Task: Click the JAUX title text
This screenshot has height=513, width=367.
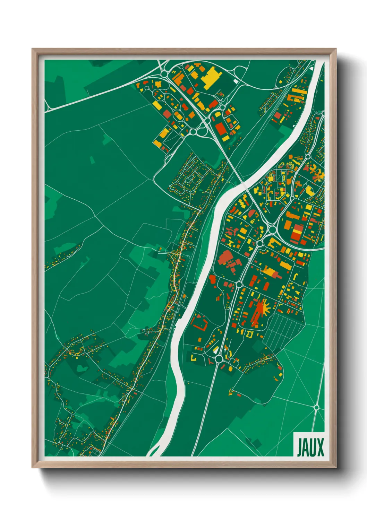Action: click(310, 447)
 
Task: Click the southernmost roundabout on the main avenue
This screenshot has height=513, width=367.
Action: click(219, 359)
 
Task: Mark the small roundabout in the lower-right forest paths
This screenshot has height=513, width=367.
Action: click(316, 407)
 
